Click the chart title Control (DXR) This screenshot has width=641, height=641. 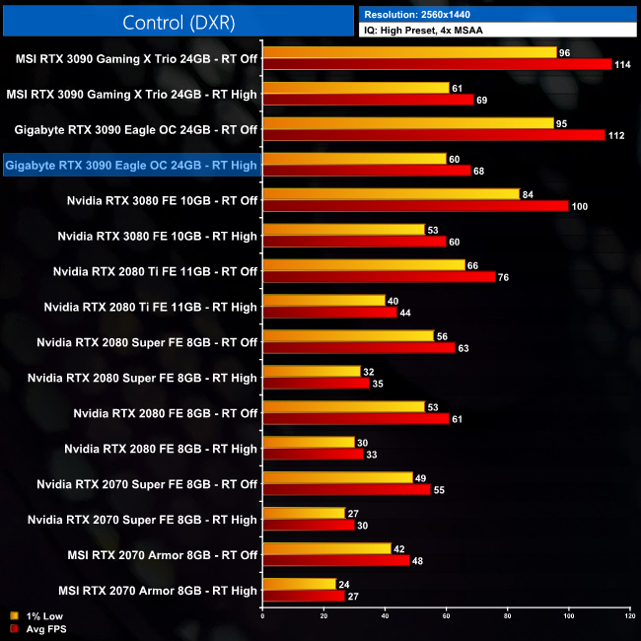tap(178, 21)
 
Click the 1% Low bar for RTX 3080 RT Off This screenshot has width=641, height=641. tap(392, 194)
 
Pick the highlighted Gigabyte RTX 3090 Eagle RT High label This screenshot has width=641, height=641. tap(131, 165)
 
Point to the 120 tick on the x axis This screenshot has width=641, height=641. tap(629, 616)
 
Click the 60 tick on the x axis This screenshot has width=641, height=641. tap(446, 616)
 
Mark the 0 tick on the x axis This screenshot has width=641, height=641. tap(262, 616)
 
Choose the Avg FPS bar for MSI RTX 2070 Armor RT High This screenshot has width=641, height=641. tap(304, 596)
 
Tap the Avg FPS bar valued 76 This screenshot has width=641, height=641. tap(379, 277)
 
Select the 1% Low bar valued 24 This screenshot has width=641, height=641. tap(299, 584)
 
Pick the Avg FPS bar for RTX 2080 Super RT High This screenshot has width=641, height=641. tap(316, 383)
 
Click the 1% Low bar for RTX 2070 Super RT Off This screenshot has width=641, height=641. tap(337, 477)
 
